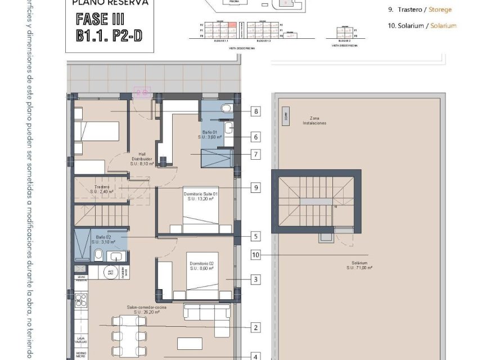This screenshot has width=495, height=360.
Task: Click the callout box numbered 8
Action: (256, 111)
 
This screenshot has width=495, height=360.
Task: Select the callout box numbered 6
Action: (256, 137)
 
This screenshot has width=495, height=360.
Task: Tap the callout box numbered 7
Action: (256, 154)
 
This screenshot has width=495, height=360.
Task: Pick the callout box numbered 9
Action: (256, 187)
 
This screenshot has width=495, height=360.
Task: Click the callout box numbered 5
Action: (256, 237)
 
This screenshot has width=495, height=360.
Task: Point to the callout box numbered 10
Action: (256, 255)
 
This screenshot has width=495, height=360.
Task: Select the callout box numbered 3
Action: (256, 279)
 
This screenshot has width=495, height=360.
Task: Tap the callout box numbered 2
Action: (256, 327)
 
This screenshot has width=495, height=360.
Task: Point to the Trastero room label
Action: (102, 189)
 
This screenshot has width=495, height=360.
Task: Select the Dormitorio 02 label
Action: (201, 265)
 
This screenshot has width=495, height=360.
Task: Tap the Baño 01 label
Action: (210, 134)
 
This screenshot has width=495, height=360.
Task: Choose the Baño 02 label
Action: (105, 239)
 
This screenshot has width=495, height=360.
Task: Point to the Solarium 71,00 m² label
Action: (360, 265)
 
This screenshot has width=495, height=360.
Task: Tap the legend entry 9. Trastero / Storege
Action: (420, 10)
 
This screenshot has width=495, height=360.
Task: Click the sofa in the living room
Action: (206, 313)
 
